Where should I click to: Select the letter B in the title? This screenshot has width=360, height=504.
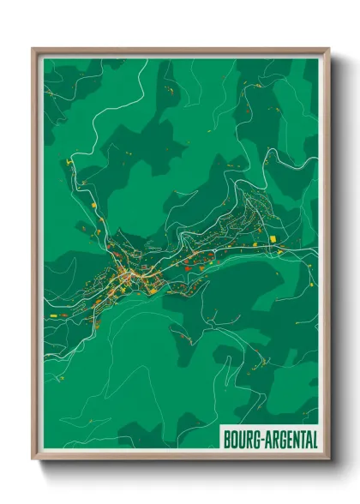[x=227, y=440]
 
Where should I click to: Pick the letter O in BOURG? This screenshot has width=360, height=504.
[x=234, y=440]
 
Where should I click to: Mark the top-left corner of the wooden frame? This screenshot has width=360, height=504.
[x=33, y=49]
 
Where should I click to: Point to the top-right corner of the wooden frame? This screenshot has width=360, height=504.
[x=329, y=49]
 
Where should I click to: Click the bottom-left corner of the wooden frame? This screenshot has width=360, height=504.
[x=33, y=461]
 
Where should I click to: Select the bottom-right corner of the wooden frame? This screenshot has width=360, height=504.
[x=329, y=461]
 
